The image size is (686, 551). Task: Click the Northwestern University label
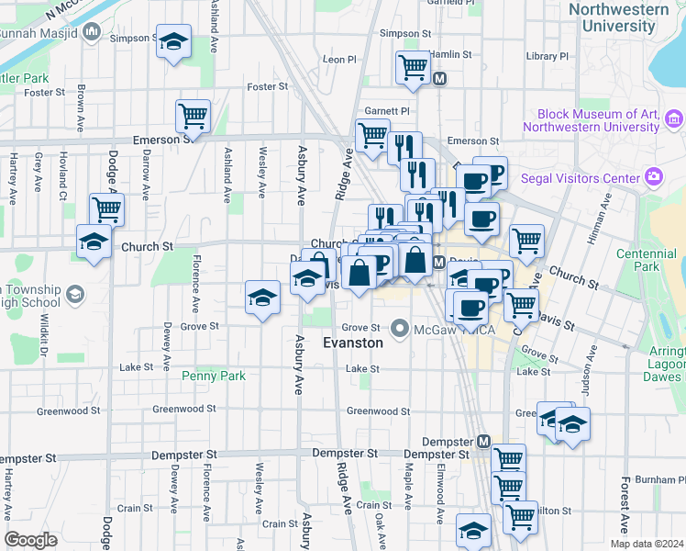618,17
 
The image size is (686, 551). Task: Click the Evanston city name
353,342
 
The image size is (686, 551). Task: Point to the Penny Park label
214,376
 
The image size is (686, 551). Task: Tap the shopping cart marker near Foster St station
413,66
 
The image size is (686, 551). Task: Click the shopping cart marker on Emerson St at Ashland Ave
194,117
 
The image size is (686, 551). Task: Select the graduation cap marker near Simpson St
172,42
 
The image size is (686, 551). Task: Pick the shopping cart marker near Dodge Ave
107,208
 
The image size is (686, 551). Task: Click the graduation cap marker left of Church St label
94,242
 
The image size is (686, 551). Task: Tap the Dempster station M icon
484,443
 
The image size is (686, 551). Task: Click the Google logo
30,540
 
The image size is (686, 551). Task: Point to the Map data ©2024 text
646,544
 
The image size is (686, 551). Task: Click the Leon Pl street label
339,60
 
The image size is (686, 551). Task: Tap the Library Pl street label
548,56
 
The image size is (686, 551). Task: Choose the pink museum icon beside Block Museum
675,118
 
